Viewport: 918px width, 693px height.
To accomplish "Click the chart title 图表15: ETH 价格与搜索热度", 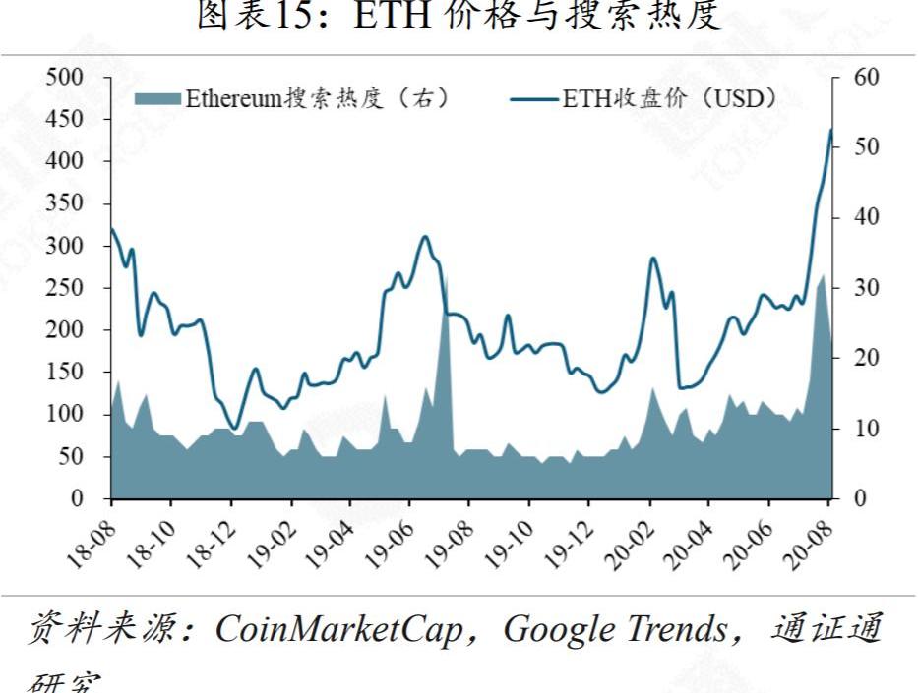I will click(459, 19).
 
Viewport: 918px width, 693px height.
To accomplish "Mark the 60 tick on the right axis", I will click(852, 77).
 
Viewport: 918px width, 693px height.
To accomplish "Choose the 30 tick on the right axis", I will click(852, 288).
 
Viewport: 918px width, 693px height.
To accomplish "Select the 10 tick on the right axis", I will click(852, 429).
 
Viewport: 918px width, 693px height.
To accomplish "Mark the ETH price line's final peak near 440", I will click(830, 130).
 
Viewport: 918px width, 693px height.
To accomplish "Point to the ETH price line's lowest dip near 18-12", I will click(233, 429).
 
